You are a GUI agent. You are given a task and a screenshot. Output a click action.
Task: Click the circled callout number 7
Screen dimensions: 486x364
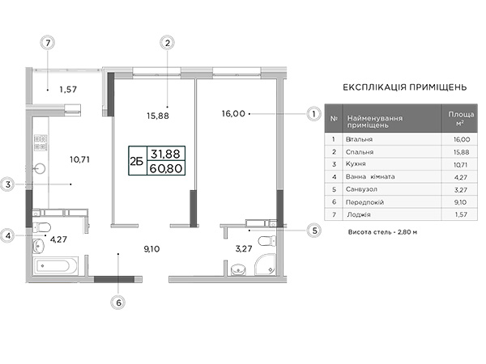[x=48, y=43]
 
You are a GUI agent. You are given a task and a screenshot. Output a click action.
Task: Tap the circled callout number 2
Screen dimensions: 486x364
[x=168, y=43]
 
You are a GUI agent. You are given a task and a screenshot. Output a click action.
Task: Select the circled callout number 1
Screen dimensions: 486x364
[x=313, y=114]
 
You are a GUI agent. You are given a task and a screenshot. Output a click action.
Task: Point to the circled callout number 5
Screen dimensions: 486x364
[x=314, y=231]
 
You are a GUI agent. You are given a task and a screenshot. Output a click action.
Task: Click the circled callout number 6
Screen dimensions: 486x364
[x=118, y=303]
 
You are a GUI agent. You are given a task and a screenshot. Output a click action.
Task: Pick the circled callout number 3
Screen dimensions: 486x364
[x=8, y=184]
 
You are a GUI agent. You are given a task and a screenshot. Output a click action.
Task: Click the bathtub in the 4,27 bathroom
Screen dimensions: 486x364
[x=55, y=265]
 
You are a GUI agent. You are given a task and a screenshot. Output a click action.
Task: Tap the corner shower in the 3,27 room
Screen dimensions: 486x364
[x=265, y=265]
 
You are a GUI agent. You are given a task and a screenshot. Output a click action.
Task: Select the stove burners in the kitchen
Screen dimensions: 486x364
[x=40, y=142]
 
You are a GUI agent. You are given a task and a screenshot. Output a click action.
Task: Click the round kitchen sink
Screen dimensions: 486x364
[x=40, y=169]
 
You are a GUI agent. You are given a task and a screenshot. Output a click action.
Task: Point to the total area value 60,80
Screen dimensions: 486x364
[x=166, y=168]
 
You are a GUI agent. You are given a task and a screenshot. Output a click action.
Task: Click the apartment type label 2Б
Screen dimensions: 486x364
[x=136, y=161]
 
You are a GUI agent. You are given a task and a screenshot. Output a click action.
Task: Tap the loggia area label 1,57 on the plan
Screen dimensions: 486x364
[x=68, y=90]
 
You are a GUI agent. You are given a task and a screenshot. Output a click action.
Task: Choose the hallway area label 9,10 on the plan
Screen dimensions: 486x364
[x=152, y=249]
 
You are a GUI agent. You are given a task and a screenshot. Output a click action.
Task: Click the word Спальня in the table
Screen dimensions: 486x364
[x=360, y=152]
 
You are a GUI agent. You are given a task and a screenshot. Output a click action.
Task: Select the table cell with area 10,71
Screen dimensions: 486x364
[x=459, y=165]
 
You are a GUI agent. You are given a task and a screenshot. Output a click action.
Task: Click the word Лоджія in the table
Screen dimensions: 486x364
[x=359, y=214]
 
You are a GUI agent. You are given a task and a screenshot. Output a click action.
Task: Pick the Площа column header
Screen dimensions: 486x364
[x=461, y=115]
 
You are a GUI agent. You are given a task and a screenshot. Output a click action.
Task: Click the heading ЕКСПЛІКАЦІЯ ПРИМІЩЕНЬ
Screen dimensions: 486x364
[x=405, y=87]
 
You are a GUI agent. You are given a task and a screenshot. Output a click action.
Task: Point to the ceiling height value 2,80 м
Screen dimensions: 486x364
[x=407, y=232]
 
